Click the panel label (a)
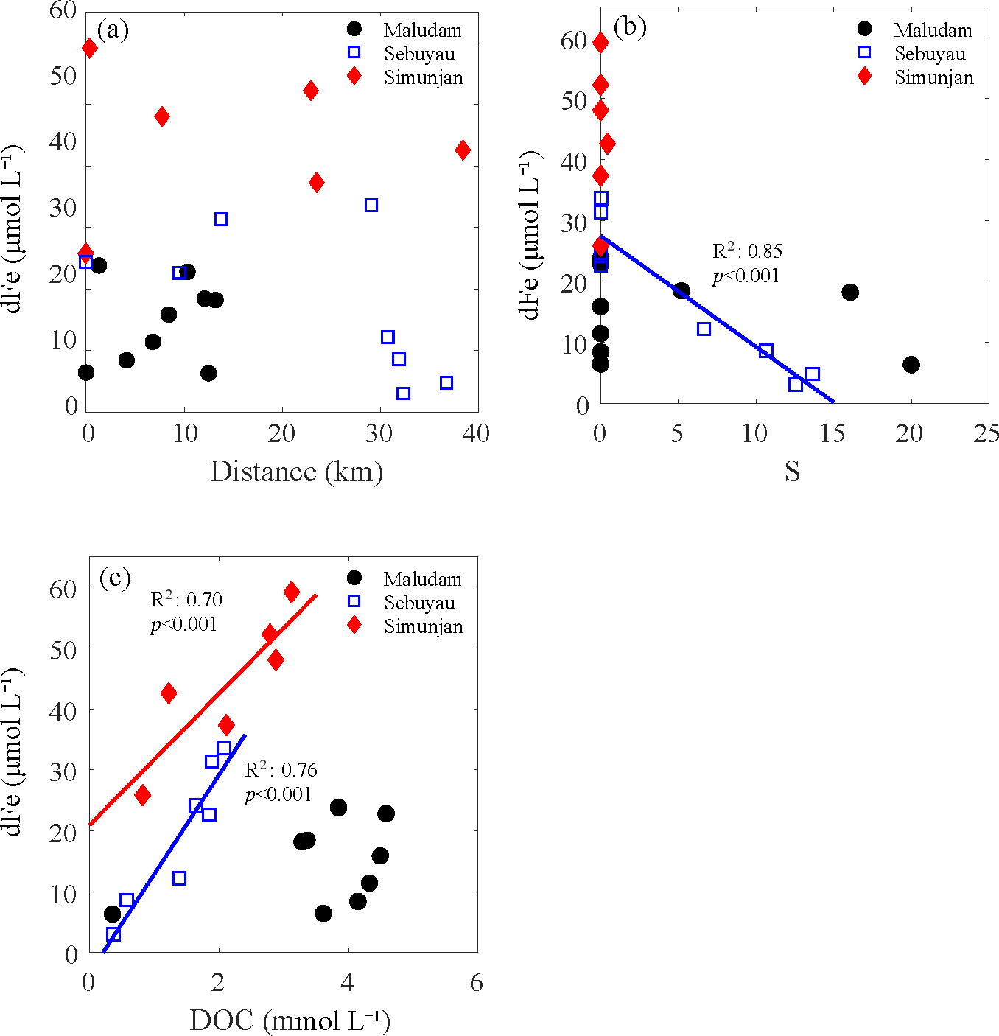(x=113, y=30)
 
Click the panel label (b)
(x=630, y=27)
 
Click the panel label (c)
(x=115, y=578)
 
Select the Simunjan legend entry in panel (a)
(x=423, y=77)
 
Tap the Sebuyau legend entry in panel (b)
(x=930, y=54)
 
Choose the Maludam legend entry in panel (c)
(x=422, y=579)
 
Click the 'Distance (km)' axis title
(x=296, y=472)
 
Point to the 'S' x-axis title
(x=792, y=472)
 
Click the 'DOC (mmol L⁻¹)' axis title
(x=290, y=1021)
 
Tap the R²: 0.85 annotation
(x=747, y=251)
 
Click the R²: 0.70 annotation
(x=186, y=600)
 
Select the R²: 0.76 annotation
(x=281, y=770)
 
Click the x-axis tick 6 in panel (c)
(x=477, y=982)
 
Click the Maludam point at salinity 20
(x=911, y=364)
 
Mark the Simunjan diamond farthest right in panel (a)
(x=463, y=150)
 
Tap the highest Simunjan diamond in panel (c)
(x=292, y=592)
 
